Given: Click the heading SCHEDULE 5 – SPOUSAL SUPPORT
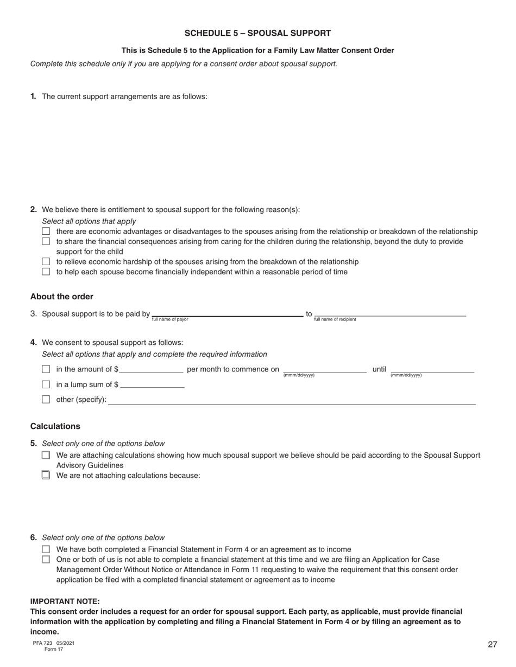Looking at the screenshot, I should click(x=257, y=33).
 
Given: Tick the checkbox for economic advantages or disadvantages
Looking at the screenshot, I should click(x=46, y=232).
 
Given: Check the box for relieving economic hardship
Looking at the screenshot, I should click(x=46, y=262).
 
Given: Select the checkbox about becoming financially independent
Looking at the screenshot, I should click(x=46, y=272).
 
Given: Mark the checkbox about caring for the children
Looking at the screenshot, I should click(x=46, y=241).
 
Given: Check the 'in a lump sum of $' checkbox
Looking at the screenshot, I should click(x=46, y=385).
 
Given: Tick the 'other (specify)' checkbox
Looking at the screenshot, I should click(x=46, y=400).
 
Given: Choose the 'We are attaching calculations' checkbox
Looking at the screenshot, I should click(x=46, y=456).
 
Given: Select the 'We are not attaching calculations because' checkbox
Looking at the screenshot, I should click(x=46, y=476).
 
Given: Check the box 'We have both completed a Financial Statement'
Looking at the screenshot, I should click(x=46, y=549).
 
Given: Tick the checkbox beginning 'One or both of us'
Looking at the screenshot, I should click(x=46, y=560).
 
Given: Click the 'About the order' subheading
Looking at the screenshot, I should click(x=62, y=297).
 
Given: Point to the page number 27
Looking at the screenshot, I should click(x=492, y=644).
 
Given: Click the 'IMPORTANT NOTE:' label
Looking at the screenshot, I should click(x=65, y=601).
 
